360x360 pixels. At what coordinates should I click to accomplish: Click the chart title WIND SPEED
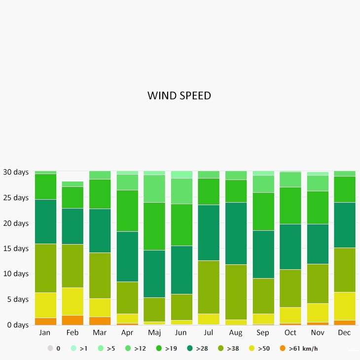pyautogui.click(x=179, y=96)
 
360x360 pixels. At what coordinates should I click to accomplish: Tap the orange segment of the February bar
pyautogui.click(x=72, y=320)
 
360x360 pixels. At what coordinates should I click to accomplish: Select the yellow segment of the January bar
pyautogui.click(x=45, y=305)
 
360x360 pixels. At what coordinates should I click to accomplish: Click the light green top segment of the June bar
pyautogui.click(x=181, y=174)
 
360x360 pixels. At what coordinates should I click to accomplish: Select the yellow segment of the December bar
pyautogui.click(x=344, y=306)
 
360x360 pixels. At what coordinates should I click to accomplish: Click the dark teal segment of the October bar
pyautogui.click(x=290, y=247)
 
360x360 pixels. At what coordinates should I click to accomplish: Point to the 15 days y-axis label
pyautogui.click(x=16, y=249)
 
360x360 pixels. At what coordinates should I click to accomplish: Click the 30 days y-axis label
pyautogui.click(x=16, y=172)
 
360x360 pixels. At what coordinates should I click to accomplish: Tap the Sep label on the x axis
pyautogui.click(x=263, y=333)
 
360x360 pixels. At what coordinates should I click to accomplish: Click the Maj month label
pyautogui.click(x=154, y=333)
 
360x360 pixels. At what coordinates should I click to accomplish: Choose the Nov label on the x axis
pyautogui.click(x=317, y=333)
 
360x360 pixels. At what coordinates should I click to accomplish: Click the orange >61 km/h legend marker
pyautogui.click(x=283, y=349)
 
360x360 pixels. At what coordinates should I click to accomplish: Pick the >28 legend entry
pyautogui.click(x=197, y=349)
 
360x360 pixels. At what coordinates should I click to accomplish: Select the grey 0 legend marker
pyautogui.click(x=50, y=349)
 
